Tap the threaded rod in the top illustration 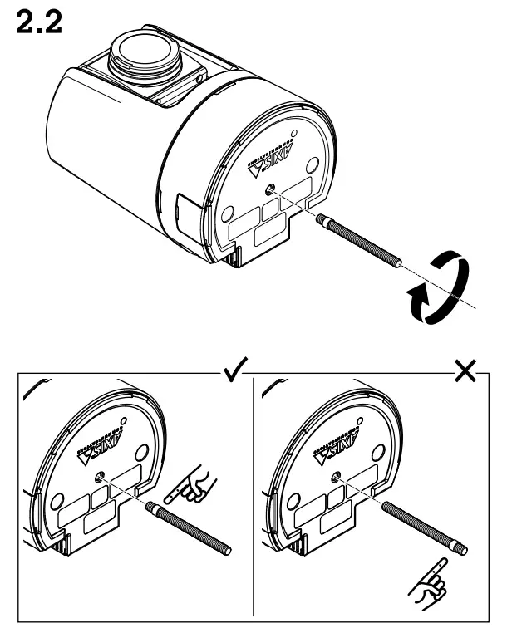pyautogui.click(x=360, y=241)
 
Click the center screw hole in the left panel pyautogui.click(x=99, y=476)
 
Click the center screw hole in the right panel pyautogui.click(x=336, y=476)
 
